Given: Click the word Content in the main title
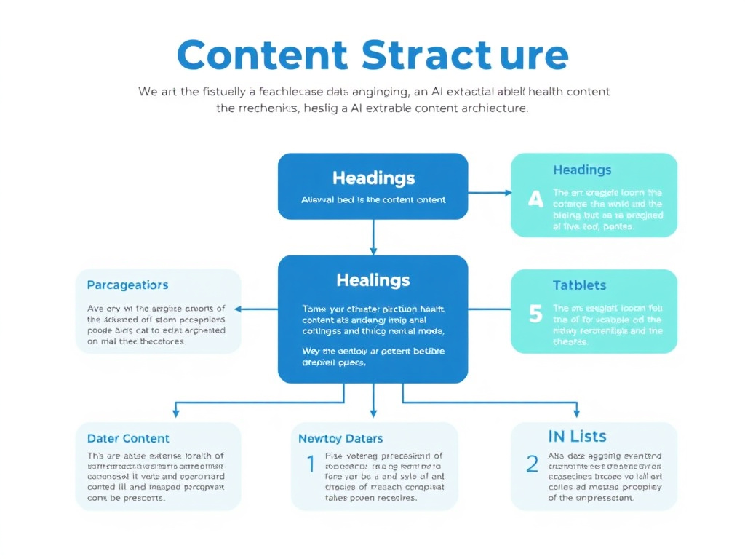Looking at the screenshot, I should coord(262,55).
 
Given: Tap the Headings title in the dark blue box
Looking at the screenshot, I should coord(373,178).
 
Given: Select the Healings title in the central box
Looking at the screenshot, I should coord(373,280).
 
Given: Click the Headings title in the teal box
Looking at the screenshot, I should coord(582,170).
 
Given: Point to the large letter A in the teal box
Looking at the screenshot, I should coord(535,198).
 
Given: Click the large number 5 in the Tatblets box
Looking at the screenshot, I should coord(535,314).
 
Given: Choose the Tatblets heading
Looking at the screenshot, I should coord(579,285).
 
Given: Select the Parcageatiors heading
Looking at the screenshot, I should coord(127,285).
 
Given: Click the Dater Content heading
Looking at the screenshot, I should coord(128,438).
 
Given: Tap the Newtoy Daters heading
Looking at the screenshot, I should coord(340,438).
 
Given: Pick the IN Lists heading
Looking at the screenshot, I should coord(577,437).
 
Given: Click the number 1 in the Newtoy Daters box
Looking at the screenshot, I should coord(311,463).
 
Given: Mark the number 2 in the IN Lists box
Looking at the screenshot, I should coord(532,463).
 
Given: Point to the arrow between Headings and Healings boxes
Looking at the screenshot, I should coord(373,237).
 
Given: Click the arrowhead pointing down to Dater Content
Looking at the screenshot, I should coord(175,413).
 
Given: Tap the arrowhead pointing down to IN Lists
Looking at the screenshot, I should coord(577,413).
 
